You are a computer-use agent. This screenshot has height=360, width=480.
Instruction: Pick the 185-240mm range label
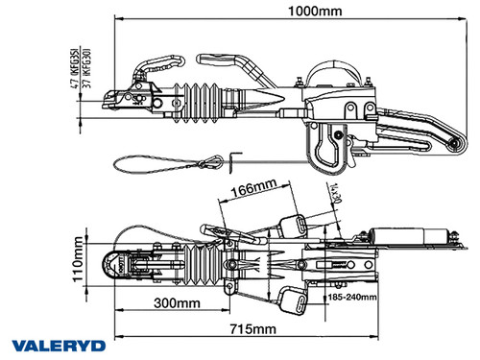[350, 298]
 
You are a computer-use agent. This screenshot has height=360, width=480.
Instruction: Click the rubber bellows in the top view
[197, 262]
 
